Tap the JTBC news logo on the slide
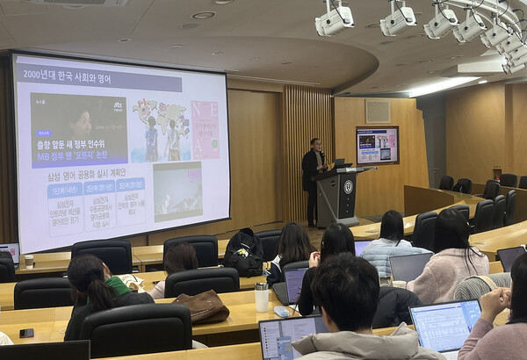pos(118,106)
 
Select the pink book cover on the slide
pos(206,129)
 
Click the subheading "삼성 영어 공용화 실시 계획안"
pos(99,175)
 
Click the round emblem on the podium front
pos(348,187)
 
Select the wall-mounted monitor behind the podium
pos(377,145)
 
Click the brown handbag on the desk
pos(203,306)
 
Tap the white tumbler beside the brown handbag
pos(262,297)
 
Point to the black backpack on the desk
pos(243,251)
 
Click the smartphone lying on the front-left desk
pos(26,333)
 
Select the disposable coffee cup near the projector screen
pos(29,261)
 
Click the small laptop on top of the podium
pos(339,163)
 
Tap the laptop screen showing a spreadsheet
pos(444,325)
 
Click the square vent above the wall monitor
pos(378,111)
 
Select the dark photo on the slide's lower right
pos(177,191)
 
